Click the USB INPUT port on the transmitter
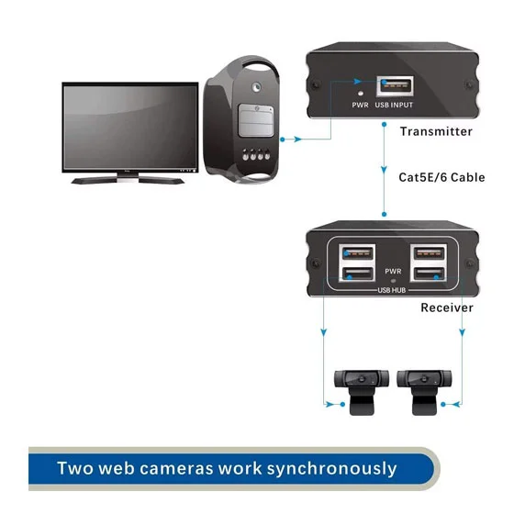tap(395, 86)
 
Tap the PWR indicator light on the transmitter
tap(361, 94)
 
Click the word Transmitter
tap(436, 131)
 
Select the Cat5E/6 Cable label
tap(441, 177)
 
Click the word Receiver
tap(447, 307)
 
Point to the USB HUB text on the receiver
tap(392, 290)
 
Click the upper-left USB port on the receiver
tap(358, 253)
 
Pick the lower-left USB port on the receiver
tap(358, 274)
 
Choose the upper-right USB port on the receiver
tap(430, 253)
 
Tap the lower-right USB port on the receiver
tap(430, 274)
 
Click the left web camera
tap(362, 392)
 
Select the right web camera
tap(424, 392)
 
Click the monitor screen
tap(130, 127)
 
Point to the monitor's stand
tap(128, 179)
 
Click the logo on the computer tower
tap(256, 87)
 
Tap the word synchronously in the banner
tap(331, 468)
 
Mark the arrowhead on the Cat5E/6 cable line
tap(384, 170)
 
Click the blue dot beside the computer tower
tap(283, 140)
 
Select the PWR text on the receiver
tap(393, 272)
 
